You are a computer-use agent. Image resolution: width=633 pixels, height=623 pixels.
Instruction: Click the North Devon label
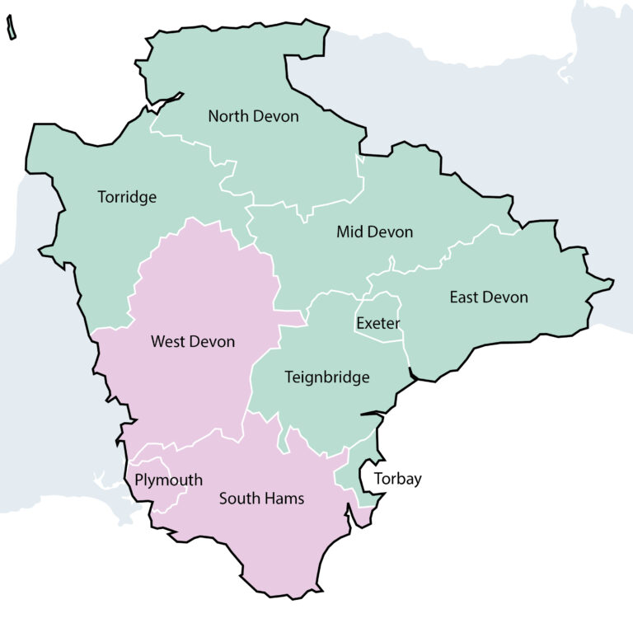(x=253, y=116)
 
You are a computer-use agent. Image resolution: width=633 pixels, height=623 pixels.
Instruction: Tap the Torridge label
(x=127, y=198)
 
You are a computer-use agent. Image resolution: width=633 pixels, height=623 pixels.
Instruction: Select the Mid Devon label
(x=374, y=232)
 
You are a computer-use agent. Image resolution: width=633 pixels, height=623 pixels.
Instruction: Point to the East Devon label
(x=488, y=297)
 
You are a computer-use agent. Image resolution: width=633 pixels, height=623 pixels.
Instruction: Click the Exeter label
(x=378, y=324)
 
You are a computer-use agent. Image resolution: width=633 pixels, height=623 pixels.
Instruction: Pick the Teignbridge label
(x=327, y=378)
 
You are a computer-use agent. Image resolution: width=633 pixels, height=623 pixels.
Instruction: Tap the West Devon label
(x=193, y=342)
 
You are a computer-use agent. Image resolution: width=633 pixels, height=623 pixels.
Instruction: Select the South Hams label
(x=261, y=499)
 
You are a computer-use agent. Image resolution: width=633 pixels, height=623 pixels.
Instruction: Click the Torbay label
(x=397, y=479)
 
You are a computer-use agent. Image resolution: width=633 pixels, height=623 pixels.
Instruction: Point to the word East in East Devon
(x=465, y=297)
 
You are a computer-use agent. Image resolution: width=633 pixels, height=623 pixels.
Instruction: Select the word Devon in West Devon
(x=213, y=342)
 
